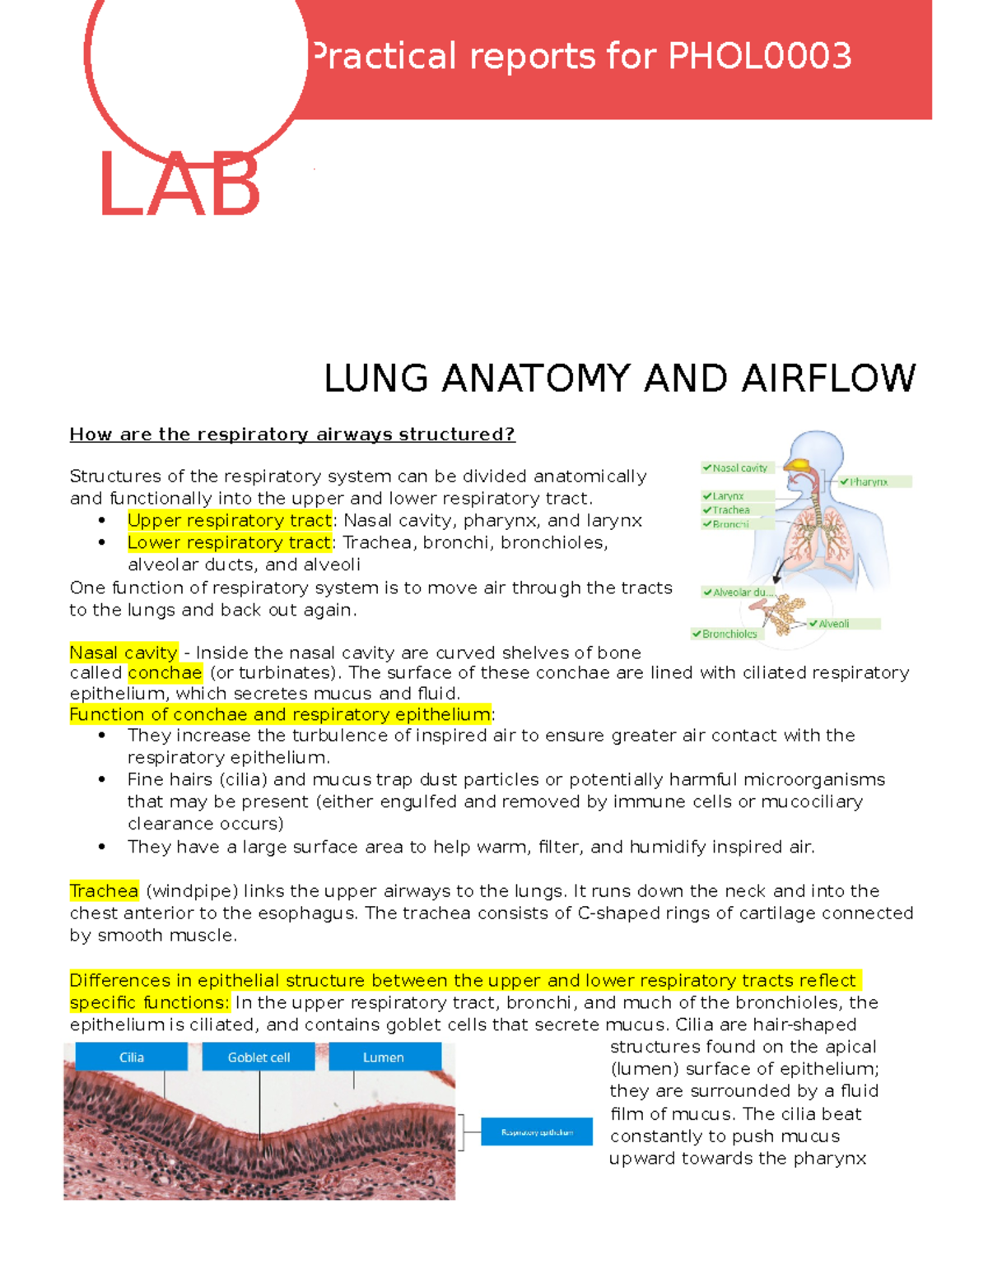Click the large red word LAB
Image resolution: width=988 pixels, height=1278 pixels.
point(179,184)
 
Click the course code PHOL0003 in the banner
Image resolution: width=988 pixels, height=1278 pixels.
point(759,57)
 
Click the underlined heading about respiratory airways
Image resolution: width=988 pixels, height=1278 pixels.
point(292,435)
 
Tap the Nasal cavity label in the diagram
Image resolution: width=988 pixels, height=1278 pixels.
point(738,468)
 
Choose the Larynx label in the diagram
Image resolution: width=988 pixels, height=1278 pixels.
point(727,496)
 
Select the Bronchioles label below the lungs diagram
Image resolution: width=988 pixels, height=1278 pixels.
point(728,634)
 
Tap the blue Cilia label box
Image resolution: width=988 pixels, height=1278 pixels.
point(132,1057)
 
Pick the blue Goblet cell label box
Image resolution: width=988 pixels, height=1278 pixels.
point(259,1057)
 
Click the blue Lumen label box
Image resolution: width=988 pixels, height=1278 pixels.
point(384,1057)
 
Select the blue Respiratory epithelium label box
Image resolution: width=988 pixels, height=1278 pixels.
point(537,1132)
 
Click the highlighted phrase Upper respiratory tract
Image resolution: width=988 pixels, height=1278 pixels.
point(230,521)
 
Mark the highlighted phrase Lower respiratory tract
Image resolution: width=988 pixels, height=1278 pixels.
point(230,543)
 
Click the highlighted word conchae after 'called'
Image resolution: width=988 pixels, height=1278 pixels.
point(165,673)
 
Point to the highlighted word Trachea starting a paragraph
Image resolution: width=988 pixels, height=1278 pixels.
point(104,891)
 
